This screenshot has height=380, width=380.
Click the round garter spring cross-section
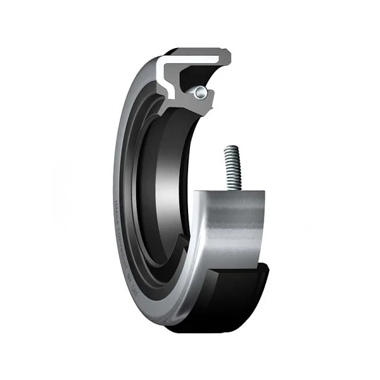coord(200,93)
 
